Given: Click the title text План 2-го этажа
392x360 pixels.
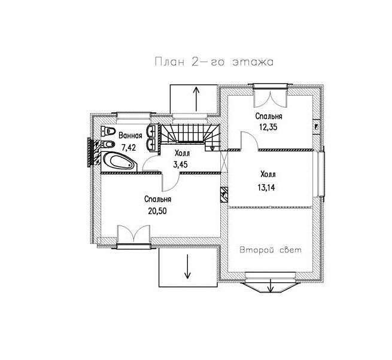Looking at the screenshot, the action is coord(214,62).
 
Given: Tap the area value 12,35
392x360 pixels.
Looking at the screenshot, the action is coord(268,127).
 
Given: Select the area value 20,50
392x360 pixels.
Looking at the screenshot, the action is coord(157,211).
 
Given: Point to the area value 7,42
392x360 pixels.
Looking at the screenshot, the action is coord(129,148).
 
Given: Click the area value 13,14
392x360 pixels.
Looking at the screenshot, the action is coord(266,187).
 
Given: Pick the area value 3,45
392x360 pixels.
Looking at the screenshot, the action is coord(180,164).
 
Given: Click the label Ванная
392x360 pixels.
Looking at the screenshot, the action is coord(130,136).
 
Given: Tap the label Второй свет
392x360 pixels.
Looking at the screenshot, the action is coord(271,250).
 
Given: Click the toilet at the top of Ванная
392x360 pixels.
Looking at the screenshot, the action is coord(108,131).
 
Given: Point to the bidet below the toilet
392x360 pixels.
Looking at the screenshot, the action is coord(108,144).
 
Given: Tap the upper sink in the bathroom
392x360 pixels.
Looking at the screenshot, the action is coord(152,131).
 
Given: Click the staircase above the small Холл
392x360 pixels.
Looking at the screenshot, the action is coord(190,136).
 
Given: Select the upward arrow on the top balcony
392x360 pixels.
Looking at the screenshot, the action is coord(196,99).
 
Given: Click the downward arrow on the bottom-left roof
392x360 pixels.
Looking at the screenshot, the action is coord(187,266).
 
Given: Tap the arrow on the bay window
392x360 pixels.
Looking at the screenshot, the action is coord(271,286).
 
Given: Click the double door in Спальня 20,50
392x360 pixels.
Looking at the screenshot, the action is coord(133,234).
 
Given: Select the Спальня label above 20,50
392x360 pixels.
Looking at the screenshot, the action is coord(158,199).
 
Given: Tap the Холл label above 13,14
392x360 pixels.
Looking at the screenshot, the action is coord(268,174).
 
